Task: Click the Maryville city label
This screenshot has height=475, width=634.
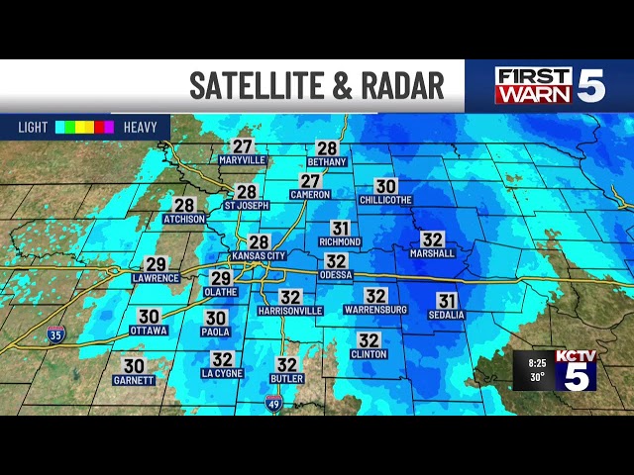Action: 243,159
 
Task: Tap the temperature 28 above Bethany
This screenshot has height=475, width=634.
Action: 327,148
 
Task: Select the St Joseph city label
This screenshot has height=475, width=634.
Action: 247,206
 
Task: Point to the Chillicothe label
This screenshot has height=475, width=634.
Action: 385,200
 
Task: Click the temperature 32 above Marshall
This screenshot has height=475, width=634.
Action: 432,239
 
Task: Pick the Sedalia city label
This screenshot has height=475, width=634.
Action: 447,315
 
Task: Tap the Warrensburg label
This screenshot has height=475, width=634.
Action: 374,310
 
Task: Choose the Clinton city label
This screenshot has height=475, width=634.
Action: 369,353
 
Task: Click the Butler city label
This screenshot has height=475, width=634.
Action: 286,379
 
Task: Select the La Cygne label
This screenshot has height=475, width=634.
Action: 222,373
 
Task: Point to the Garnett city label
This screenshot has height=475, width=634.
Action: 134,380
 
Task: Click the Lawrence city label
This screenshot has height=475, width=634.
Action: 156,278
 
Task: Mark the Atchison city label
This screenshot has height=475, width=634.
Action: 184,219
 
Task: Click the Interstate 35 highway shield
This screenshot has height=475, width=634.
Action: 56,334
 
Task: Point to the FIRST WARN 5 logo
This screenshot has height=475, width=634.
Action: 549,86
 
